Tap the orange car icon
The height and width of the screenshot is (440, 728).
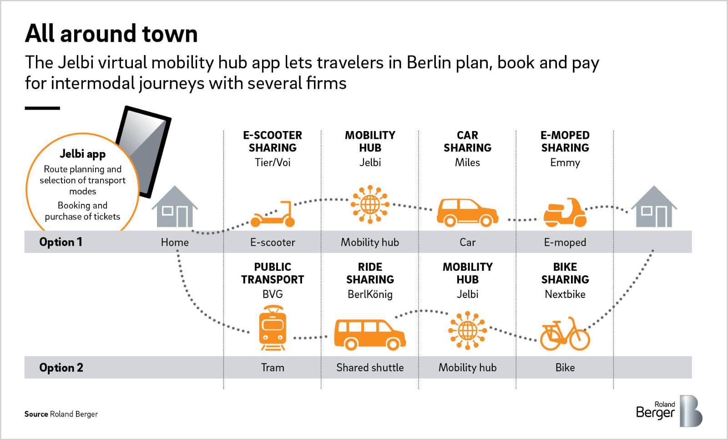point(467,212)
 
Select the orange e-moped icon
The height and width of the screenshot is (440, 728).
point(565,212)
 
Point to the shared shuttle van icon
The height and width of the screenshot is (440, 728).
point(369,334)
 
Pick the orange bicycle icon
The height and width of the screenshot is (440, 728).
point(565,334)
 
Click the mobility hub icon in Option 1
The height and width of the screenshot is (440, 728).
point(370,205)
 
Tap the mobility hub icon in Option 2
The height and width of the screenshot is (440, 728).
point(467,330)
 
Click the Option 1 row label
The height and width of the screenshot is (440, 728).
point(61,242)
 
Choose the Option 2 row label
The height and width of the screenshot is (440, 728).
point(61,368)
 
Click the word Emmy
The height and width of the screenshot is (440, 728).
point(565,162)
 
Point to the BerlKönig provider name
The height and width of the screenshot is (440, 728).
point(370,294)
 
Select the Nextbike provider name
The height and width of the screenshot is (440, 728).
point(565,294)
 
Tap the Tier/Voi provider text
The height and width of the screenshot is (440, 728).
point(273,162)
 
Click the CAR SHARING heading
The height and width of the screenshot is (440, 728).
point(467,142)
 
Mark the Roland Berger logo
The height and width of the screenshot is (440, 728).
point(668,410)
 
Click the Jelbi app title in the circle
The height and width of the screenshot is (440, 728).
point(82,154)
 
